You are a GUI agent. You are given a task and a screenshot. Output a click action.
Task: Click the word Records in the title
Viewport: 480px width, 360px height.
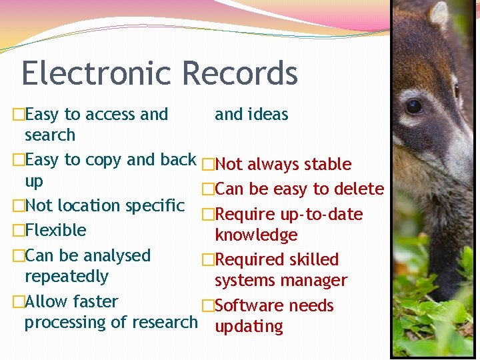(239, 73)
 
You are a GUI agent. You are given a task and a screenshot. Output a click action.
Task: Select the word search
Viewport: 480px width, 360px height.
(50, 135)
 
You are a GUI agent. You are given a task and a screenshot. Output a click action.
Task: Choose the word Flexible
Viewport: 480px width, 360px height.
(55, 231)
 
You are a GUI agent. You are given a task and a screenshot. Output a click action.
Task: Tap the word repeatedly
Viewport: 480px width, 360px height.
(66, 277)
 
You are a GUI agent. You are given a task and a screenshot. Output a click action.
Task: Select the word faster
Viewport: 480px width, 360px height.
(95, 302)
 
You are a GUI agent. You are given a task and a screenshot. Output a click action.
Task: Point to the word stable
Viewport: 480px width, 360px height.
(327, 165)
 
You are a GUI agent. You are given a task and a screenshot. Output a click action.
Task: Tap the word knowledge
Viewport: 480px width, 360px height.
(256, 235)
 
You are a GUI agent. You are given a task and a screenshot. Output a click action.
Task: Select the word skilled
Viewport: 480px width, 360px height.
(313, 260)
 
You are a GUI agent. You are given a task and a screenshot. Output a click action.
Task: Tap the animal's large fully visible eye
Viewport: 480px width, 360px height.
(414, 105)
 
